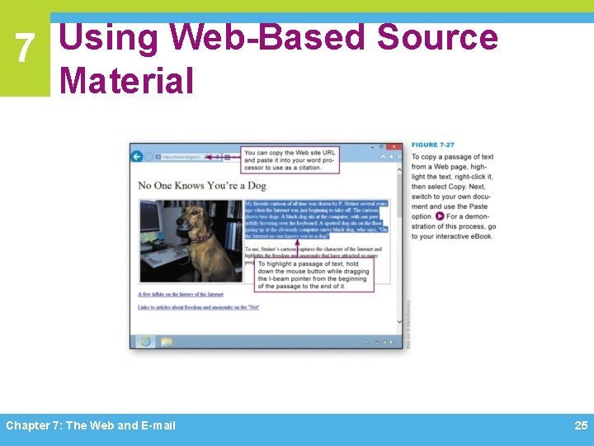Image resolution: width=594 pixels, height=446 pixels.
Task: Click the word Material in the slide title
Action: (x=126, y=80)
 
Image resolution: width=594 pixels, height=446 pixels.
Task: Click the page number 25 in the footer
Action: (x=581, y=425)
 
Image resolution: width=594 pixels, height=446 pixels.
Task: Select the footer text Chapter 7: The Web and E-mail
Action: (x=91, y=425)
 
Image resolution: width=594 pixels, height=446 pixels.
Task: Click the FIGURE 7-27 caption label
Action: (x=432, y=145)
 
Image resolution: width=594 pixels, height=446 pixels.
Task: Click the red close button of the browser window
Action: (x=398, y=145)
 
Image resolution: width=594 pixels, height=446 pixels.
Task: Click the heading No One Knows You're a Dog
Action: (x=202, y=185)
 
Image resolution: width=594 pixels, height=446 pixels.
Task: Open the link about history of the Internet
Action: (x=181, y=294)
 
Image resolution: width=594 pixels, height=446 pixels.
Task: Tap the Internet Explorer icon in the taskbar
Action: (x=145, y=342)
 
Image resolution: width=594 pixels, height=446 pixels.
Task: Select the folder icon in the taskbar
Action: (x=166, y=342)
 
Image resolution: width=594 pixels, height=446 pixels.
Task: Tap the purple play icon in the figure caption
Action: (x=440, y=216)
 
